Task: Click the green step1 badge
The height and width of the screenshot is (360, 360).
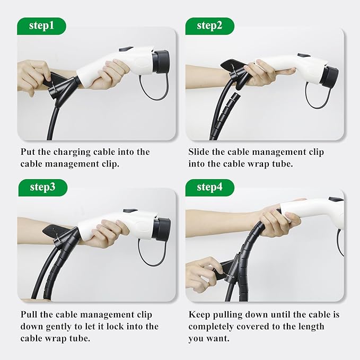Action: (41, 26)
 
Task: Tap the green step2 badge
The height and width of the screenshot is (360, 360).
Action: (209, 26)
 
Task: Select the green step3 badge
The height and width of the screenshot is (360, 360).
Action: (43, 188)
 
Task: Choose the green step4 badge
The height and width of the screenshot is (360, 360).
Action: (209, 188)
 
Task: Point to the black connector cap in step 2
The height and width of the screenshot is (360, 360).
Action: (329, 77)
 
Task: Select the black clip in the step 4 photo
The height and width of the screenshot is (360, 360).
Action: (227, 271)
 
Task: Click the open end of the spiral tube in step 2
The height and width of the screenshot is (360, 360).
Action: (235, 95)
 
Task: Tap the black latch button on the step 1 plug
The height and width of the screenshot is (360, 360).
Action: (126, 49)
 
